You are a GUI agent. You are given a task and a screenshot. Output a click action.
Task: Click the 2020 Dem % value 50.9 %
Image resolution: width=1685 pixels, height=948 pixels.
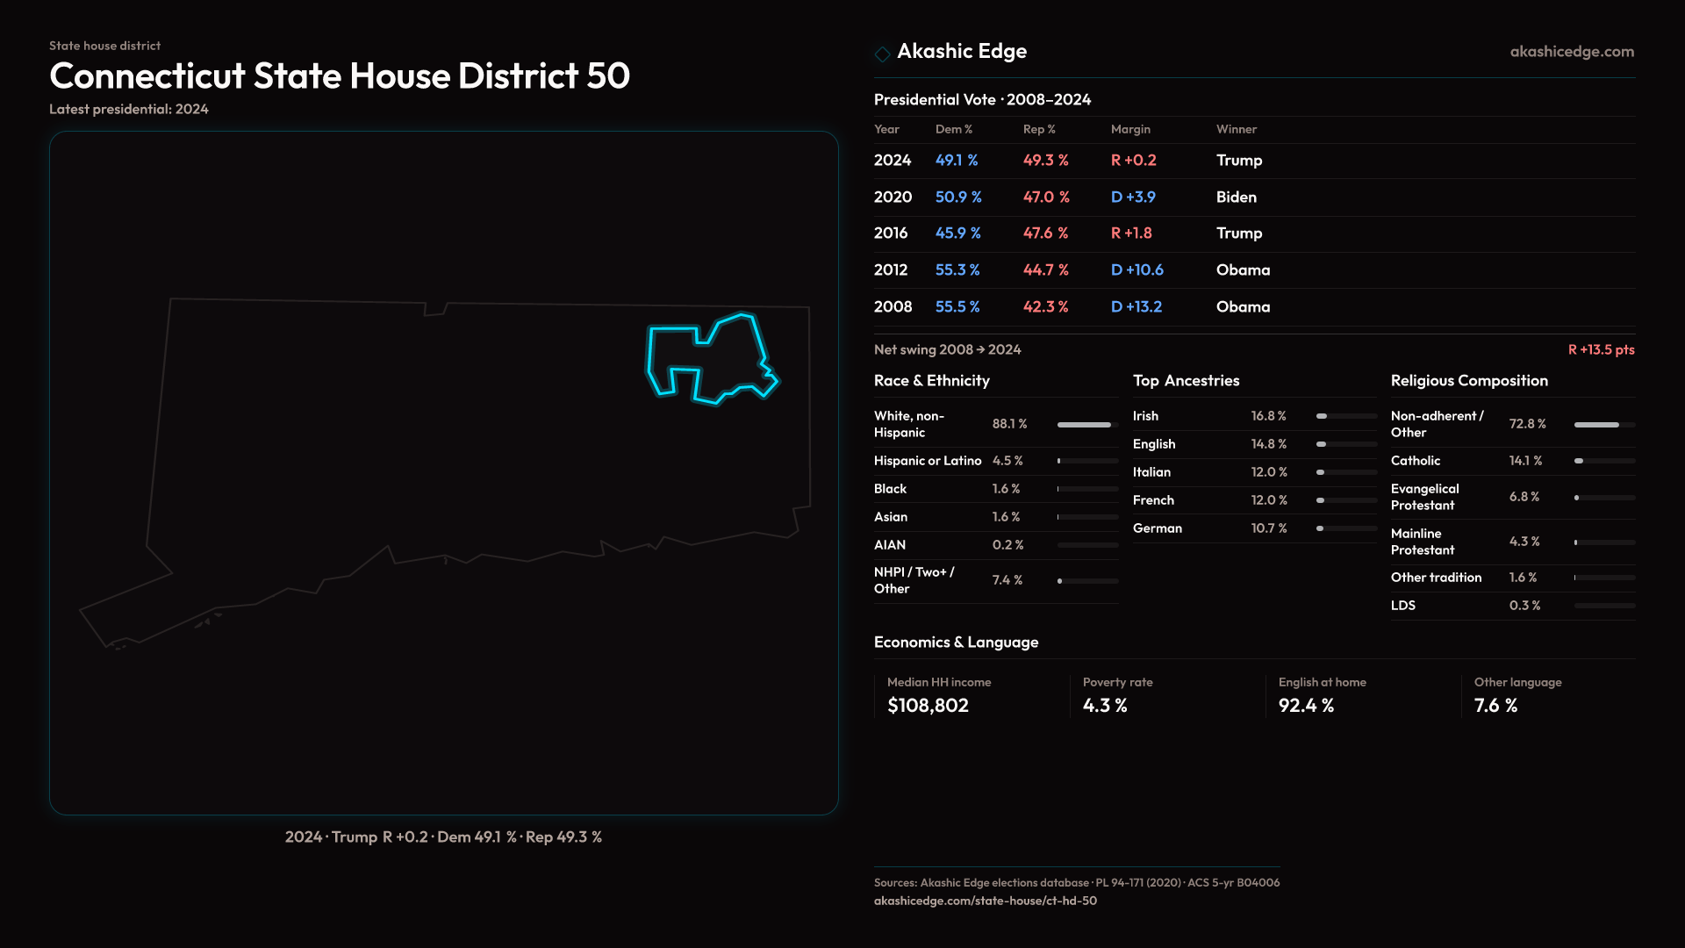pos(958,197)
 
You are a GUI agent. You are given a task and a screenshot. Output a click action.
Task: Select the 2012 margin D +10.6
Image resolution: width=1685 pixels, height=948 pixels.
pos(1136,270)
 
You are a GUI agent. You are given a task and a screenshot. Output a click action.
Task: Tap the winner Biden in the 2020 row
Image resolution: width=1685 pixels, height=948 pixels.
pos(1236,197)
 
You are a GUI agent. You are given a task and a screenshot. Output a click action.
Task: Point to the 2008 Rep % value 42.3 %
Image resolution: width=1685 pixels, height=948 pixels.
pos(1045,307)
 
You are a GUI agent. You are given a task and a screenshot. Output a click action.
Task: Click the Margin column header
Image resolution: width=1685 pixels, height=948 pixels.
pos(1130,129)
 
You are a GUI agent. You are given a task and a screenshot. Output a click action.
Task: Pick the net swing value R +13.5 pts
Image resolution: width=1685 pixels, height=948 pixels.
pos(1601,349)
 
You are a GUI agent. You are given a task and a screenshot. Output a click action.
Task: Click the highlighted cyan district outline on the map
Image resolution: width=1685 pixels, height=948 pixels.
pos(650,360)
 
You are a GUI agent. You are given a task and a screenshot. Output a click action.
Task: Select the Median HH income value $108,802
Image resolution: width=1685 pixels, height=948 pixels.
pos(928,706)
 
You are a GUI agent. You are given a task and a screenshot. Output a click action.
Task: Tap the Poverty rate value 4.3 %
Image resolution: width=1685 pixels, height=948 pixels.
pos(1105,706)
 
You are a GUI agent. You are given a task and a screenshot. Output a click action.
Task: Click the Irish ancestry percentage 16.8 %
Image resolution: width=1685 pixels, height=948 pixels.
pos(1268,416)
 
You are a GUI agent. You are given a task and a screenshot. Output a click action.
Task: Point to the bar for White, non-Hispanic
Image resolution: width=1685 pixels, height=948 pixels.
pos(1084,425)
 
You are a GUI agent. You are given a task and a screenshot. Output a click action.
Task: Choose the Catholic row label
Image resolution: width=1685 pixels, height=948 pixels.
pos(1415,461)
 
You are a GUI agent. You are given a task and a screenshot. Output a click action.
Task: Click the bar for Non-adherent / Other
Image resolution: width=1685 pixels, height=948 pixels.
pos(1596,425)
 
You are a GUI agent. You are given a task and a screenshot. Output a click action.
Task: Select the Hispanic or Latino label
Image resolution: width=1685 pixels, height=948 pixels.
pos(928,461)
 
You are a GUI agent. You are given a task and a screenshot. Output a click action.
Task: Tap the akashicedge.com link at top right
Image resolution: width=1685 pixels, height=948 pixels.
pos(1572,52)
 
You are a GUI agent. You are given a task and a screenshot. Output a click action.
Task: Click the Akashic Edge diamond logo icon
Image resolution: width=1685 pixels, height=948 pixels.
pos(882,54)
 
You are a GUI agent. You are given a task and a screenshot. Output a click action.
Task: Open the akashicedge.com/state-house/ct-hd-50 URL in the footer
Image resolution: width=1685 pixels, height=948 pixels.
pos(985,901)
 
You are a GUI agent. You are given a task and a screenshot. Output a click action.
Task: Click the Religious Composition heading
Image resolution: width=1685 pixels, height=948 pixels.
pos(1469,381)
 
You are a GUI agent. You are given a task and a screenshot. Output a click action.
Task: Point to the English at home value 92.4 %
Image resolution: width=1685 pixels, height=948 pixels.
pos(1306,706)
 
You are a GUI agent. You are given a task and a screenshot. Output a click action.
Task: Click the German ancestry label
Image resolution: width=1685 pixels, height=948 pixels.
pos(1157,528)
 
